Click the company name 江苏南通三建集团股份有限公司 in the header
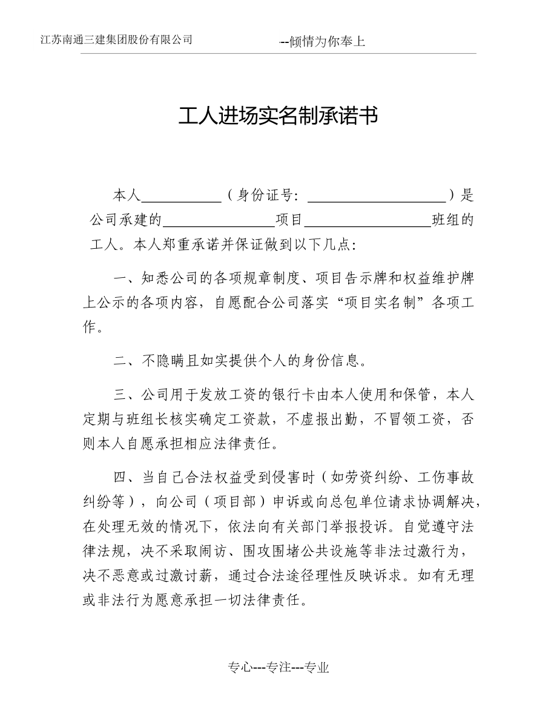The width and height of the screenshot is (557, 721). [x=116, y=40]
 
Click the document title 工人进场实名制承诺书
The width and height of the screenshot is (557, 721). [x=278, y=116]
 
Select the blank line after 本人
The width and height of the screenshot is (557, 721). [x=181, y=196]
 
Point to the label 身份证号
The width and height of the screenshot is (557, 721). [x=266, y=196]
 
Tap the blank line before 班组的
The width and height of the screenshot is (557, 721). [x=371, y=220]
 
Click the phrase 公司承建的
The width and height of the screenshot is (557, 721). [x=125, y=220]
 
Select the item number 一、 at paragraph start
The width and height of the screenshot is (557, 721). [x=127, y=278]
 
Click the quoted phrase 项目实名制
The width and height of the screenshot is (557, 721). [x=379, y=303]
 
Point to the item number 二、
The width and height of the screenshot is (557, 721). [x=127, y=361]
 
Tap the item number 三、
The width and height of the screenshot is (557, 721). [x=127, y=395]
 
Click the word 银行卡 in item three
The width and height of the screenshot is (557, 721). [x=292, y=395]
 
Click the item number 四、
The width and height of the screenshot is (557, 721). [x=127, y=478]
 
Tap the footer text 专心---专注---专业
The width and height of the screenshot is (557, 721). [x=278, y=668]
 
